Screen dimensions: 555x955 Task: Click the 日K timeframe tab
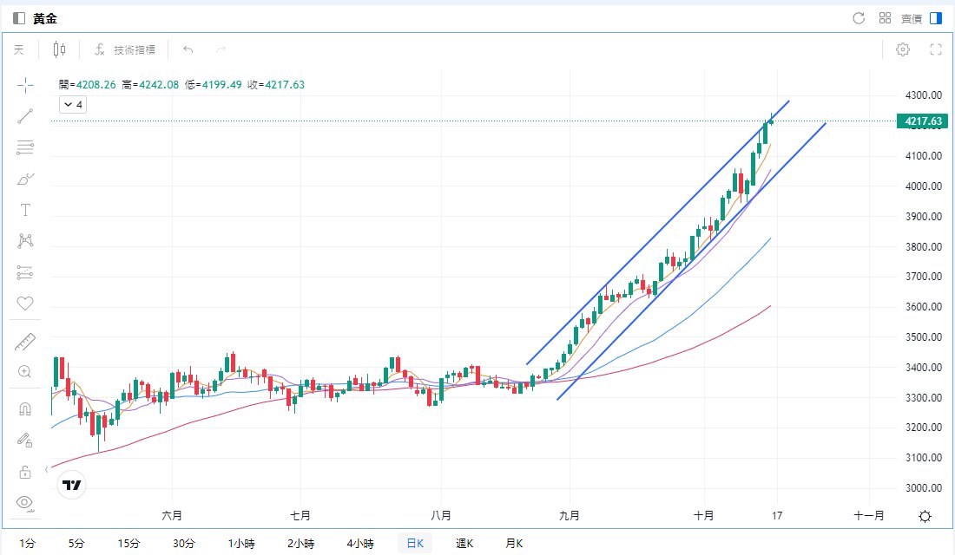(415, 544)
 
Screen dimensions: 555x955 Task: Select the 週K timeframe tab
(464, 544)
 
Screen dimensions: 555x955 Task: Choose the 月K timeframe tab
(515, 544)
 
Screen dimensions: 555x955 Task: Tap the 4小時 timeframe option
(359, 544)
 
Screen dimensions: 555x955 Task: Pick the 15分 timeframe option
(128, 544)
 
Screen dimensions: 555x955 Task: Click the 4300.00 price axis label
(923, 95)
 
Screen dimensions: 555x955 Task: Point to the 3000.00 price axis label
(923, 488)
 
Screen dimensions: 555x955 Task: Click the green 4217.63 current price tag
(923, 121)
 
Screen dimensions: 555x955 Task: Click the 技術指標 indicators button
(125, 49)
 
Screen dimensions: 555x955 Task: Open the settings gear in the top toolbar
(903, 49)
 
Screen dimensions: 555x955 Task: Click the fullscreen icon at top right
(936, 49)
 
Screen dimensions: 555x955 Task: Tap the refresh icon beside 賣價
(859, 18)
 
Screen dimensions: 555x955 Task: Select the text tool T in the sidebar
(25, 210)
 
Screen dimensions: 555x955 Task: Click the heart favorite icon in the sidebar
(25, 304)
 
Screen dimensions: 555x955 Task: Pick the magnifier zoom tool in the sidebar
(25, 372)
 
